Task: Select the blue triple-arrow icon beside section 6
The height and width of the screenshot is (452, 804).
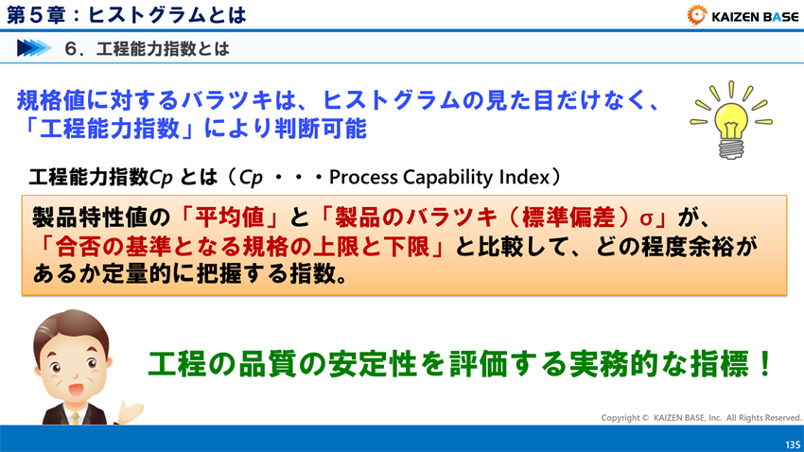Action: [33, 47]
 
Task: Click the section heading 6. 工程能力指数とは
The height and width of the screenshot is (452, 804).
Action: [147, 47]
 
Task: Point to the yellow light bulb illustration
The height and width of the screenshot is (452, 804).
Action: [731, 119]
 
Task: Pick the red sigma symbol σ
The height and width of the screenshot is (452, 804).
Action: [647, 217]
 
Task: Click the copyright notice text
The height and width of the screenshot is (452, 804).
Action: [701, 417]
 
